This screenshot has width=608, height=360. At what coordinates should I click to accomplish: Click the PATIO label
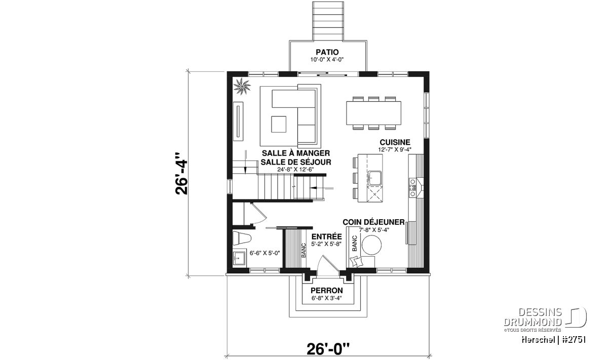pyautogui.click(x=327, y=52)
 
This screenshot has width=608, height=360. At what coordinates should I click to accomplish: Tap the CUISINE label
pyautogui.click(x=395, y=142)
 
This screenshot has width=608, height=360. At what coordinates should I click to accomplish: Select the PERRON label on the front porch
pyautogui.click(x=326, y=291)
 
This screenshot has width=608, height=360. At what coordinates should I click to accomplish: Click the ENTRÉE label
pyautogui.click(x=326, y=236)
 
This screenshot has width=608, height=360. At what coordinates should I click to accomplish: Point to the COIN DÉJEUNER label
pyautogui.click(x=373, y=222)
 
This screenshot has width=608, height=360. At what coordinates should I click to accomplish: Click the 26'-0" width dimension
pyautogui.click(x=328, y=349)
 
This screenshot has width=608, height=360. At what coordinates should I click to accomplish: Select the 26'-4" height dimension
pyautogui.click(x=181, y=174)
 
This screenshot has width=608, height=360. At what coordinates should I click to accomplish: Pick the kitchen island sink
pyautogui.click(x=374, y=178)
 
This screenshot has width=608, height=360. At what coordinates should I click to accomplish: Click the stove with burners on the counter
pyautogui.click(x=412, y=187)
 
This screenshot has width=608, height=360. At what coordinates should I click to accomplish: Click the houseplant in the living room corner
pyautogui.click(x=242, y=87)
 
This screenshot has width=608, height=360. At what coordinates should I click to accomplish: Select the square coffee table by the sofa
pyautogui.click(x=279, y=124)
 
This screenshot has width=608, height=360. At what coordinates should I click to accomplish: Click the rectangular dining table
pyautogui.click(x=373, y=113)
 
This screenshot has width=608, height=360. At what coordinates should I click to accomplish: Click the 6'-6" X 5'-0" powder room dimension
pyautogui.click(x=264, y=253)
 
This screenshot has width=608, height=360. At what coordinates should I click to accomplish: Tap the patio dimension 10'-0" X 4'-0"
pyautogui.click(x=327, y=59)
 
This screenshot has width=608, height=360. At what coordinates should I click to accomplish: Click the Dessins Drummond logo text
pyautogui.click(x=533, y=317)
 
